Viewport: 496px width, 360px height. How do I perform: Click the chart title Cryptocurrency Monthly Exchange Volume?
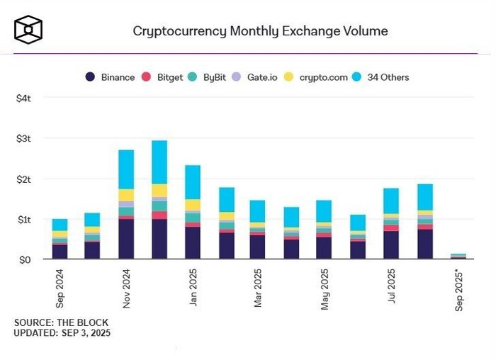260,31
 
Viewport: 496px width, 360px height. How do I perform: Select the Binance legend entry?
111,77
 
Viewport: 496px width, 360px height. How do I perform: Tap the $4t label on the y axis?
23,99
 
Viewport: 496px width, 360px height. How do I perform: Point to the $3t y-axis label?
23,139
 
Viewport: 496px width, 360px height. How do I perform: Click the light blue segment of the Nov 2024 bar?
126,169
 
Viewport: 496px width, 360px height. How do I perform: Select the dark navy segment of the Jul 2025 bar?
391,245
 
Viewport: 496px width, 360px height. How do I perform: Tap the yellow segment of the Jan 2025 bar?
193,205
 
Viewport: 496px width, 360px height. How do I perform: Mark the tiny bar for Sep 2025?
458,257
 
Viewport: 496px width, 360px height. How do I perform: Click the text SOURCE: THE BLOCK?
61,322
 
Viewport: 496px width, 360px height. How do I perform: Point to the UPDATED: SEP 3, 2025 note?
62,332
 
